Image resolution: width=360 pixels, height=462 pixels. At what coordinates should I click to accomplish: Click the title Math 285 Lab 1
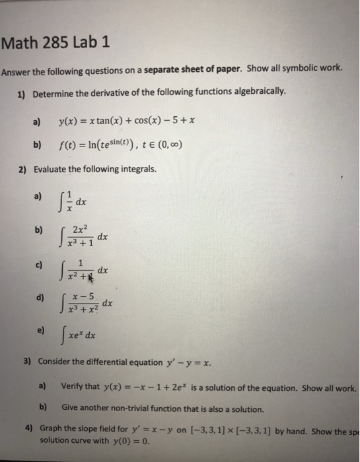pyautogui.click(x=56, y=46)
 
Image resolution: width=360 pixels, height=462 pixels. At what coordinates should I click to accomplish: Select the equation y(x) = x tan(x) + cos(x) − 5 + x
pyautogui.click(x=125, y=121)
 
